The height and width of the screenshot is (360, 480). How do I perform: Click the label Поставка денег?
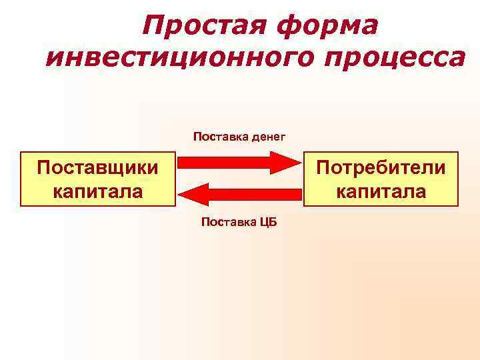pyautogui.click(x=239, y=137)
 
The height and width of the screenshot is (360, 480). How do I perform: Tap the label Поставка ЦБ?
pyautogui.click(x=239, y=223)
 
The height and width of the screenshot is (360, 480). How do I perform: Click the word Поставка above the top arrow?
pyautogui.click(x=221, y=137)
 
